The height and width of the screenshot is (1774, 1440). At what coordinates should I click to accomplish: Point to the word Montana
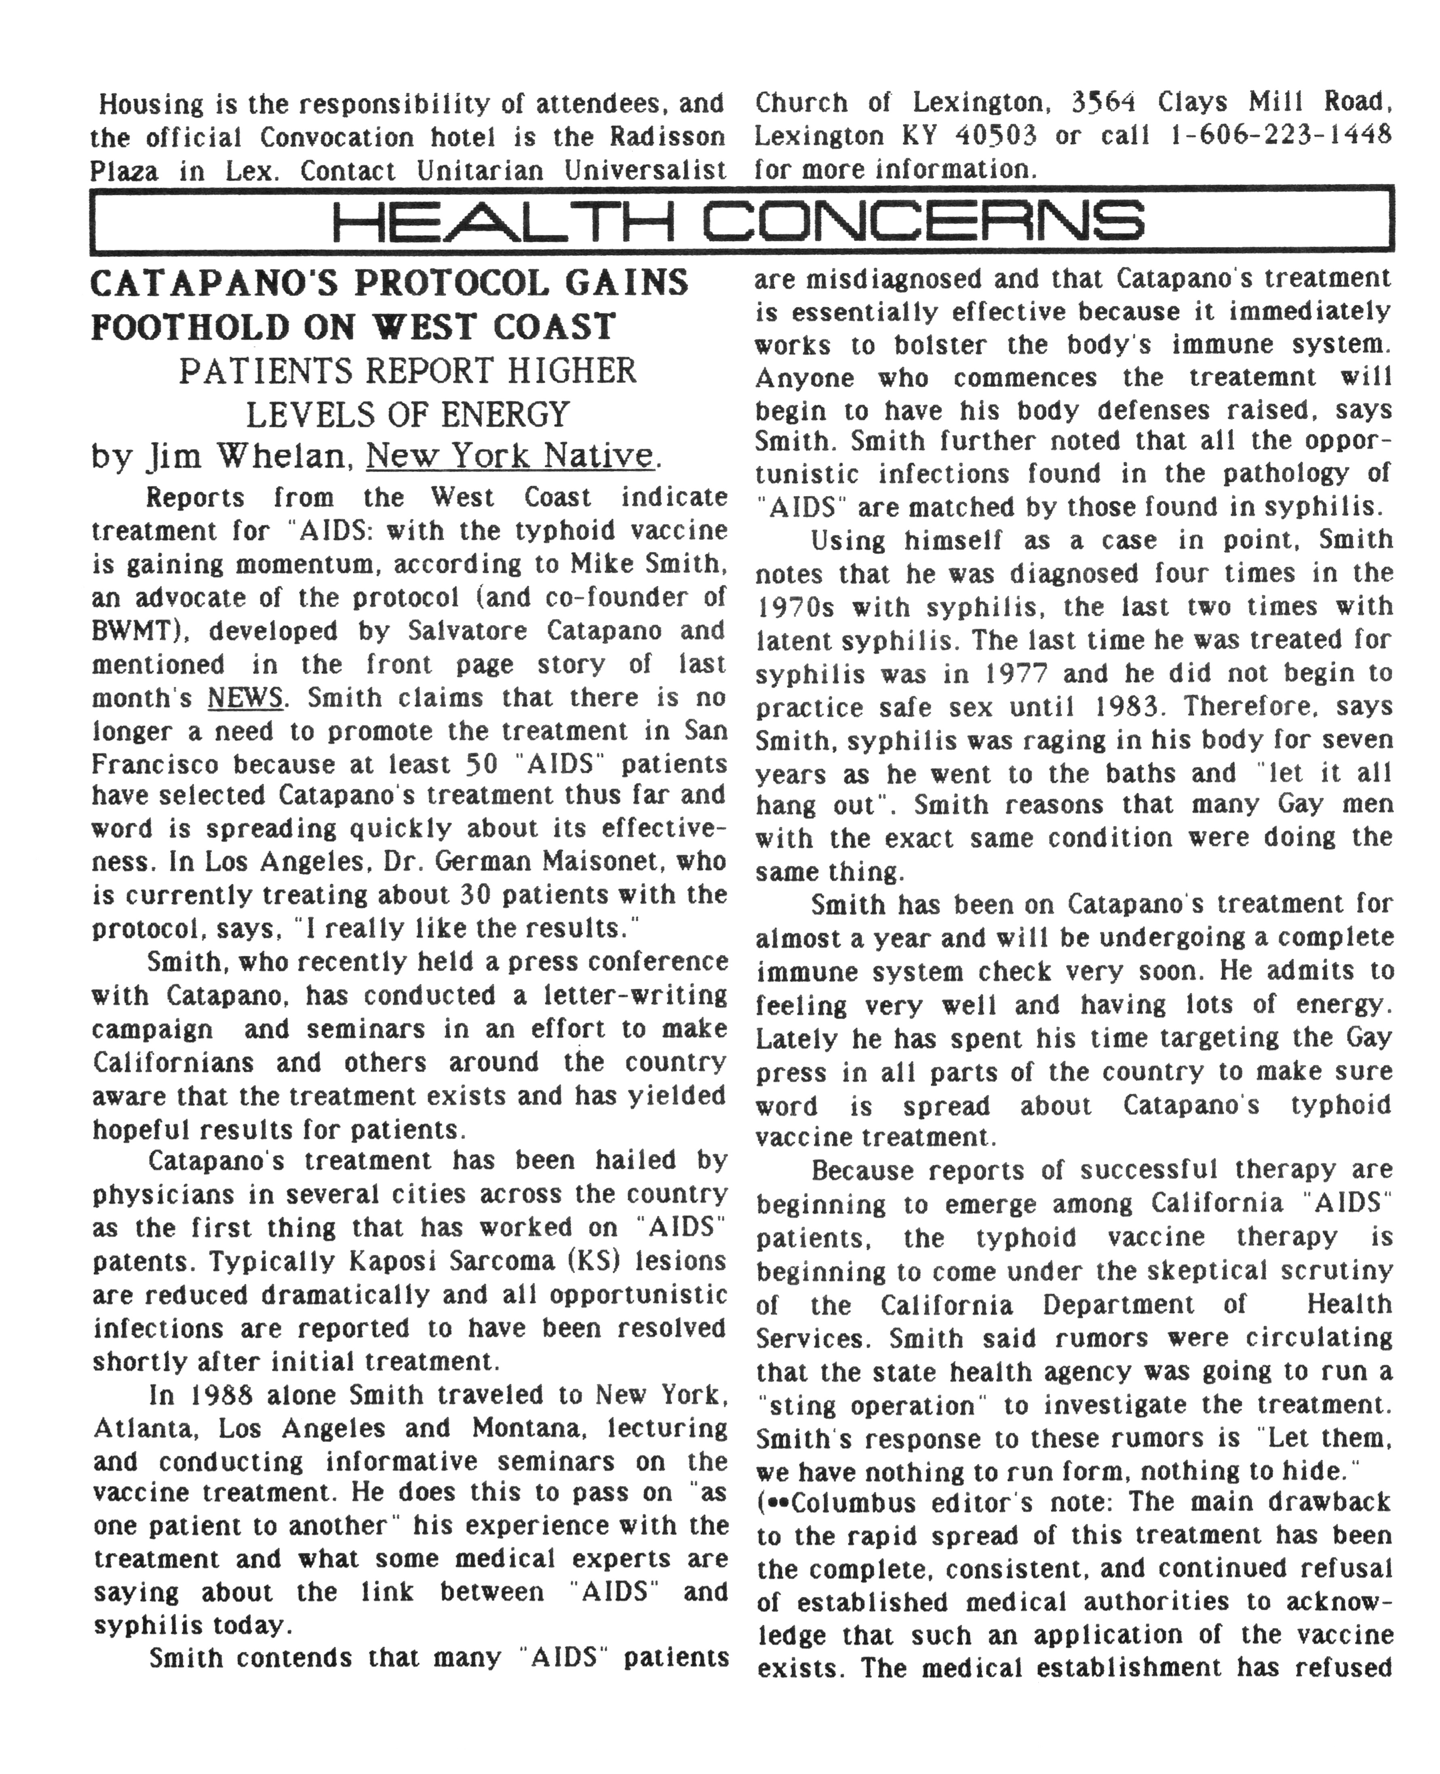click(x=529, y=1428)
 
